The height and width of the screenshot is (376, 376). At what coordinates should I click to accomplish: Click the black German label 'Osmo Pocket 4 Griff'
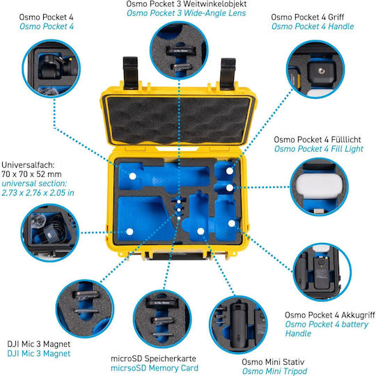pyautogui.click(x=308, y=17)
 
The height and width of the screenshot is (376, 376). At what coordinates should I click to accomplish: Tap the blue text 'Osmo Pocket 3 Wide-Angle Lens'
pyautogui.click(x=186, y=13)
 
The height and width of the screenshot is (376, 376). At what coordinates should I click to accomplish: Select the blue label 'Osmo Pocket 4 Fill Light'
pyautogui.click(x=319, y=149)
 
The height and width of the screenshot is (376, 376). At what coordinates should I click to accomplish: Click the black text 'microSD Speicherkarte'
pyautogui.click(x=153, y=359)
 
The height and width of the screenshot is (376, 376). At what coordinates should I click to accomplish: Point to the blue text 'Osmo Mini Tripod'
pyautogui.click(x=274, y=371)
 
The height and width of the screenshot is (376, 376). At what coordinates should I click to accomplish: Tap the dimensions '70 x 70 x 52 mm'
pyautogui.click(x=31, y=174)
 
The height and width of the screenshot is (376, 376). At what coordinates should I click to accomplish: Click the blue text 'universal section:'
pyautogui.click(x=34, y=183)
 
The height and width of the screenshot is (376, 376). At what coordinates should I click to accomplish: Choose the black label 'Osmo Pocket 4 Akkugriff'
pyautogui.click(x=330, y=315)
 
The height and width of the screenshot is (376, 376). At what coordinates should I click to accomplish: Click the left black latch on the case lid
pyautogui.click(x=130, y=72)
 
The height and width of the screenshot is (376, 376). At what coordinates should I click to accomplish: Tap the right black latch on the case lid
pyautogui.click(x=228, y=73)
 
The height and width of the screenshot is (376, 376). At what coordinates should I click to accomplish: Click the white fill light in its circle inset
pyautogui.click(x=316, y=186)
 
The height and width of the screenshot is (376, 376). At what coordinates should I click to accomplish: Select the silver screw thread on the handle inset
pyautogui.click(x=321, y=71)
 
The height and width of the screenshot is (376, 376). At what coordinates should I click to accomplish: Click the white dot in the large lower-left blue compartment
pyautogui.click(x=130, y=232)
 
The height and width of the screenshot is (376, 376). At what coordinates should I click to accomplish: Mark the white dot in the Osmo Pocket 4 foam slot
pyautogui.click(x=132, y=176)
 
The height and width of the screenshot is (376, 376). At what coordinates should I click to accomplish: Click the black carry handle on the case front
pyautogui.click(x=178, y=256)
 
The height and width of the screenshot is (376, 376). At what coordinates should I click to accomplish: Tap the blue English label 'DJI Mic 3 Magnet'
pyautogui.click(x=39, y=354)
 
